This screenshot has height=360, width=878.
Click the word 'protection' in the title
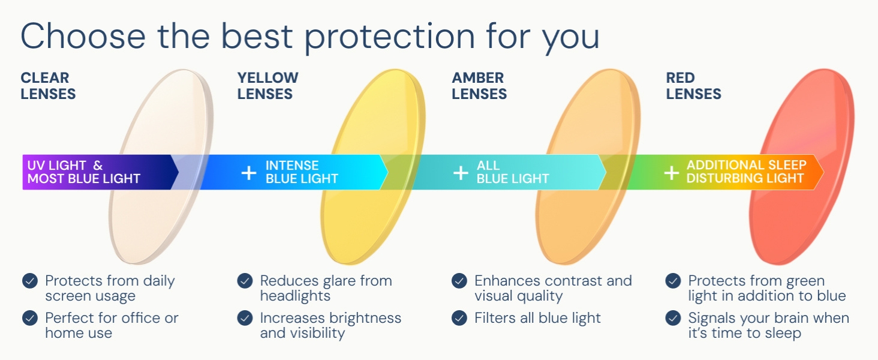(x=389, y=38)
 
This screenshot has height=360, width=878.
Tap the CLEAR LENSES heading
(x=48, y=86)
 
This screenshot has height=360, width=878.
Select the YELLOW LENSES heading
(x=267, y=86)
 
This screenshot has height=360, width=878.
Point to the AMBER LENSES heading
(x=479, y=86)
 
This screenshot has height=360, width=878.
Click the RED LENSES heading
(x=693, y=86)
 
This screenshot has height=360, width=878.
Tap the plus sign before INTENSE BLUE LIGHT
(x=248, y=173)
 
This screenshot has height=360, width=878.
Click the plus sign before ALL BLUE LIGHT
(x=461, y=173)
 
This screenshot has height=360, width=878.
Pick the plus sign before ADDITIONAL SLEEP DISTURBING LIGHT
(x=672, y=173)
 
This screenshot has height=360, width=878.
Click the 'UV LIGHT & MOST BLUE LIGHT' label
(x=83, y=172)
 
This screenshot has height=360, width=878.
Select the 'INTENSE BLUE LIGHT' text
(x=302, y=172)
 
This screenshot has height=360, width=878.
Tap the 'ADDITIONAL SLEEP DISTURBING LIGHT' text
(x=746, y=172)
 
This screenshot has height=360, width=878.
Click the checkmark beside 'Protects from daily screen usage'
(x=30, y=281)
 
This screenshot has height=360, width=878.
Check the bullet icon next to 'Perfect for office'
(x=30, y=318)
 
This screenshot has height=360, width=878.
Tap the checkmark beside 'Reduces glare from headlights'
(x=245, y=281)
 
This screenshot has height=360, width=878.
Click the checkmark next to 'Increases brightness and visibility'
(x=245, y=318)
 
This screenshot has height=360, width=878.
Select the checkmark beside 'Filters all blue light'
(x=459, y=318)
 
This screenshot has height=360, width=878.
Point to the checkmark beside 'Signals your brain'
(x=673, y=318)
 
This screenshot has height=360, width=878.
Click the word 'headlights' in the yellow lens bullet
(x=295, y=296)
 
